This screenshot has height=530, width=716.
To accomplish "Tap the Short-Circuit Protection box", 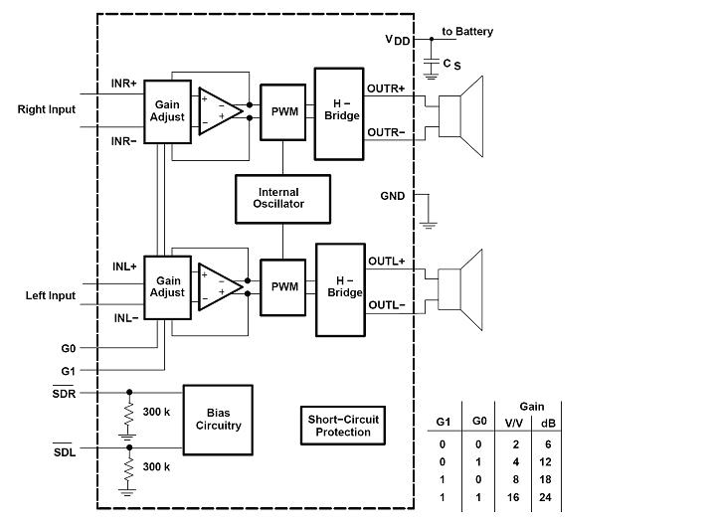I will [x=342, y=426].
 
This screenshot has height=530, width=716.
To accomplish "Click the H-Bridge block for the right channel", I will [x=339, y=113].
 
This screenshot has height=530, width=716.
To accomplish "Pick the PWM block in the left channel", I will [x=284, y=286].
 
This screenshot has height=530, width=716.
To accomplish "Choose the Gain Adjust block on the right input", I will [x=167, y=109].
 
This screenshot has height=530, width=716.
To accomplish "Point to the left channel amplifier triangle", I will [x=219, y=287].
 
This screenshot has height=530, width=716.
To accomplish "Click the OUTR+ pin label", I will [x=386, y=88].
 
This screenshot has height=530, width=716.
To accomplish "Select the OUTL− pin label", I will [x=387, y=305].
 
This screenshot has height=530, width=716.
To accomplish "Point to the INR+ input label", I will [x=124, y=83].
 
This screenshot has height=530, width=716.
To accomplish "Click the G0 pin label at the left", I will [x=67, y=349].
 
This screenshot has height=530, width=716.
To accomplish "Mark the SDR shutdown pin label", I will [x=64, y=394].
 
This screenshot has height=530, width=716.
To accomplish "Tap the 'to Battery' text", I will [x=467, y=32].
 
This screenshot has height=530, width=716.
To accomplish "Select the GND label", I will [x=393, y=196].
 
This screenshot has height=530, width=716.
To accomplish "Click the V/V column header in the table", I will [x=513, y=422].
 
